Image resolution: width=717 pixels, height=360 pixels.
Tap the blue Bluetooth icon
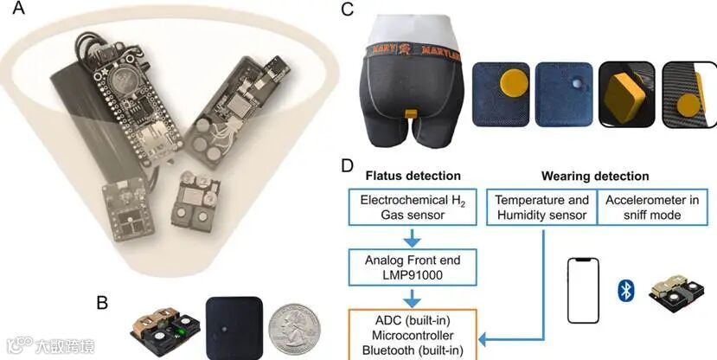click(627, 290)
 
